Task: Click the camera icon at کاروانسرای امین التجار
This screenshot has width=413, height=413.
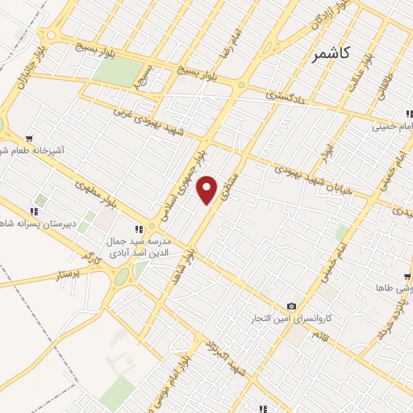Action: pyautogui.click(x=291, y=307)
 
